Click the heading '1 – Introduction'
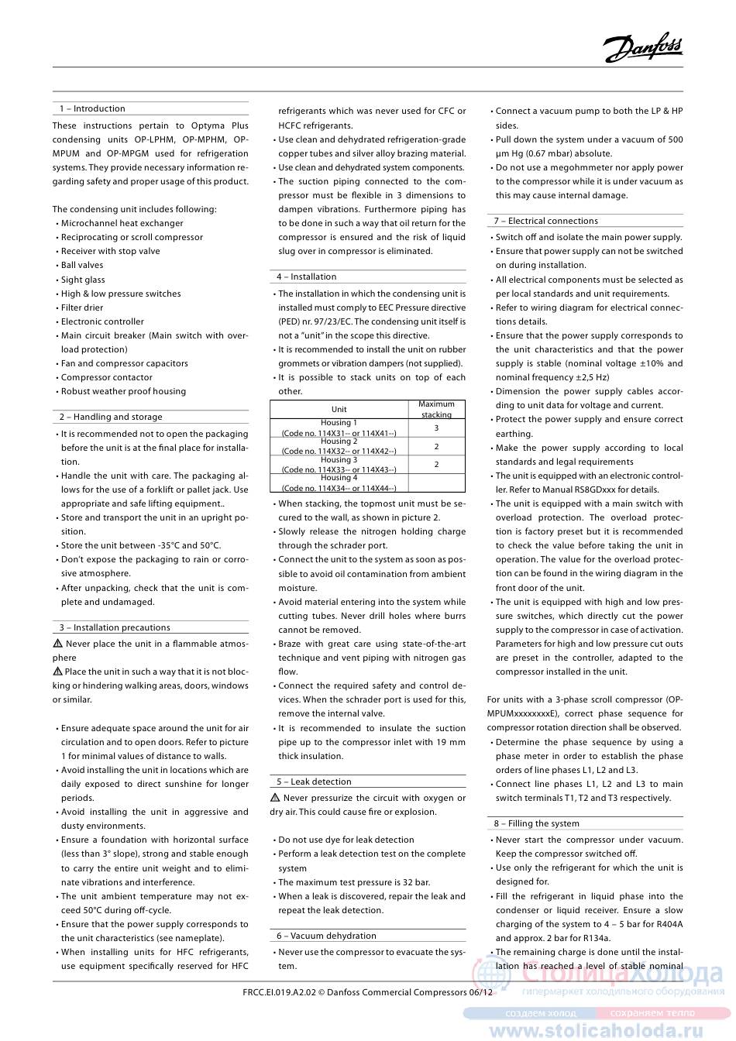pos(92,109)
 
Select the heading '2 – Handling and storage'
pos(111,417)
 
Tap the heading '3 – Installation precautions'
pos(115,627)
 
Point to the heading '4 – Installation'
pos(308,277)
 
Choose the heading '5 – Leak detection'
pos(315,782)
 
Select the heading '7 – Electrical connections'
pos(546,221)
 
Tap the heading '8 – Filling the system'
pos(537,823)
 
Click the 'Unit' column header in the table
pos(339,409)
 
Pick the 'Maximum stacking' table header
pos(436,409)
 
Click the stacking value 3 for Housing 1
pos(436,428)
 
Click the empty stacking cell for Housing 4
pos(436,483)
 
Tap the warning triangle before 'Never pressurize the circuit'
pos(275,798)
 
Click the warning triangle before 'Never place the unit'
pos(57,644)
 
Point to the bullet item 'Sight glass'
pos(83,280)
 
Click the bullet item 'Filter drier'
pos(82,307)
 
